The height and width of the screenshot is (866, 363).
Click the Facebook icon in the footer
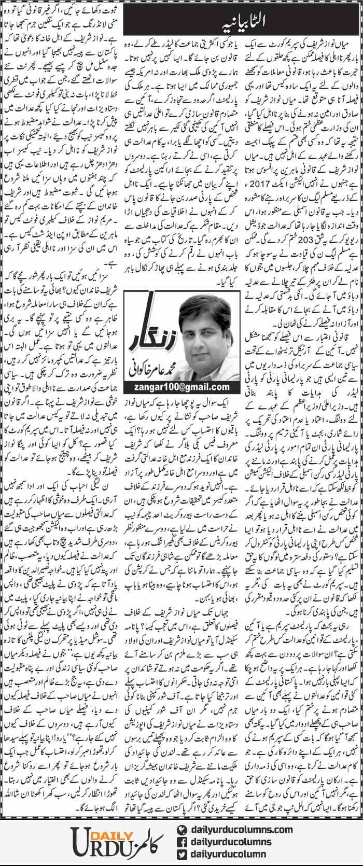click(181, 842)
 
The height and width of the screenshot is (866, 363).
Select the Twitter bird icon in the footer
click(181, 854)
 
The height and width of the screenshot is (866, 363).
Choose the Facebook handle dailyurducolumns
click(231, 842)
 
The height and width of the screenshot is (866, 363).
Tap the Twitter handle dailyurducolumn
click(228, 854)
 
